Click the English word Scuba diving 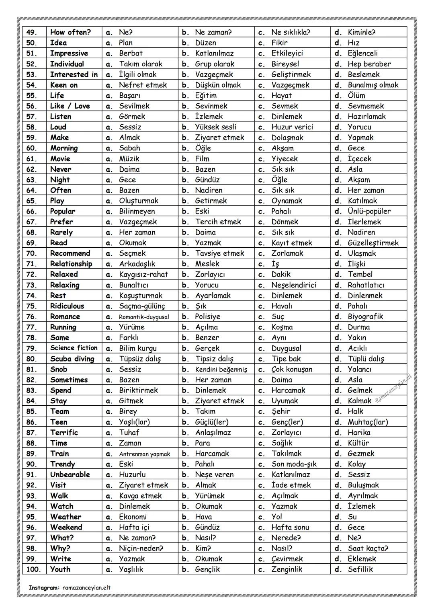(72, 359)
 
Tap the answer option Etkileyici (287, 53)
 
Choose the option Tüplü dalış (366, 359)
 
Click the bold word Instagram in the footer (44, 587)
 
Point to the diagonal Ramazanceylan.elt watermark (393, 388)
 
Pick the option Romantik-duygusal (144, 317)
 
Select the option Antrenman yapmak (144, 454)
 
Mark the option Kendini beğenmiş (221, 370)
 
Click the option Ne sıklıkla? (291, 32)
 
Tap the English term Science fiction (74, 348)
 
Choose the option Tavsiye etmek (219, 253)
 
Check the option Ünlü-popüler (369, 211)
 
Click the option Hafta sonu (290, 527)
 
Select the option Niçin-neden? (141, 548)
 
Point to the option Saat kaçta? (368, 548)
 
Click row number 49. (32, 32)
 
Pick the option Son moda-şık (294, 464)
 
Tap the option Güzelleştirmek (373, 243)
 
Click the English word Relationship (71, 264)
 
